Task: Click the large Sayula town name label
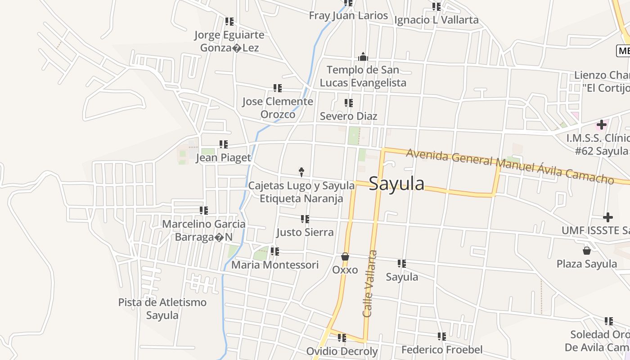point(396,184)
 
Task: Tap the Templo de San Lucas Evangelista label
point(363,76)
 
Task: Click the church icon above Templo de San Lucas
point(363,57)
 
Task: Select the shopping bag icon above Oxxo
point(345,256)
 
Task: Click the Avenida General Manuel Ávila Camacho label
point(510,166)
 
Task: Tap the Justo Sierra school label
point(305,232)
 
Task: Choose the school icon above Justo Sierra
point(305,219)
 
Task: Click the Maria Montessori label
point(275,265)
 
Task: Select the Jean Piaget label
point(223,157)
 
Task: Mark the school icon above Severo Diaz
point(348,103)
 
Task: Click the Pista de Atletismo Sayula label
point(162,309)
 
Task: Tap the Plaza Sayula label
point(586,264)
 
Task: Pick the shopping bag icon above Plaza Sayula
point(586,250)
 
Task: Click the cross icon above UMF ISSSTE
point(608,218)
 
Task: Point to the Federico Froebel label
point(442,350)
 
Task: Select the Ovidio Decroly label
point(342,351)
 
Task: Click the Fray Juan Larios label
point(348,15)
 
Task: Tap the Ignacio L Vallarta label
point(436,20)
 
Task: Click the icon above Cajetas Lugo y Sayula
point(301,171)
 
